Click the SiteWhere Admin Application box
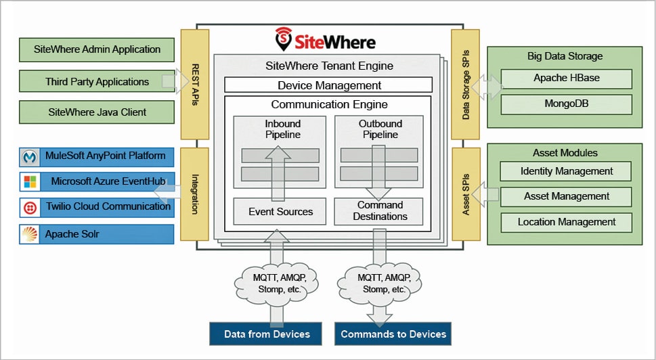click(x=97, y=49)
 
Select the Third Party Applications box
click(x=97, y=82)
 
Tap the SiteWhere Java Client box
click(x=97, y=112)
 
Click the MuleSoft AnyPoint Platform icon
click(x=29, y=157)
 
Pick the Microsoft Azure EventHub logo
click(x=29, y=182)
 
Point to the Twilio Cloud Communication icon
click(x=29, y=207)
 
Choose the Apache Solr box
click(x=97, y=234)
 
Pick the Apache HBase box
click(x=566, y=78)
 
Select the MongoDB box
click(x=566, y=104)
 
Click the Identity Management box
click(x=566, y=171)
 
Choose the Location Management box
click(x=566, y=222)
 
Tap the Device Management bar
click(x=328, y=85)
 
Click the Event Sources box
click(x=280, y=212)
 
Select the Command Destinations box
click(x=379, y=211)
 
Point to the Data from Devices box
click(x=267, y=334)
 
